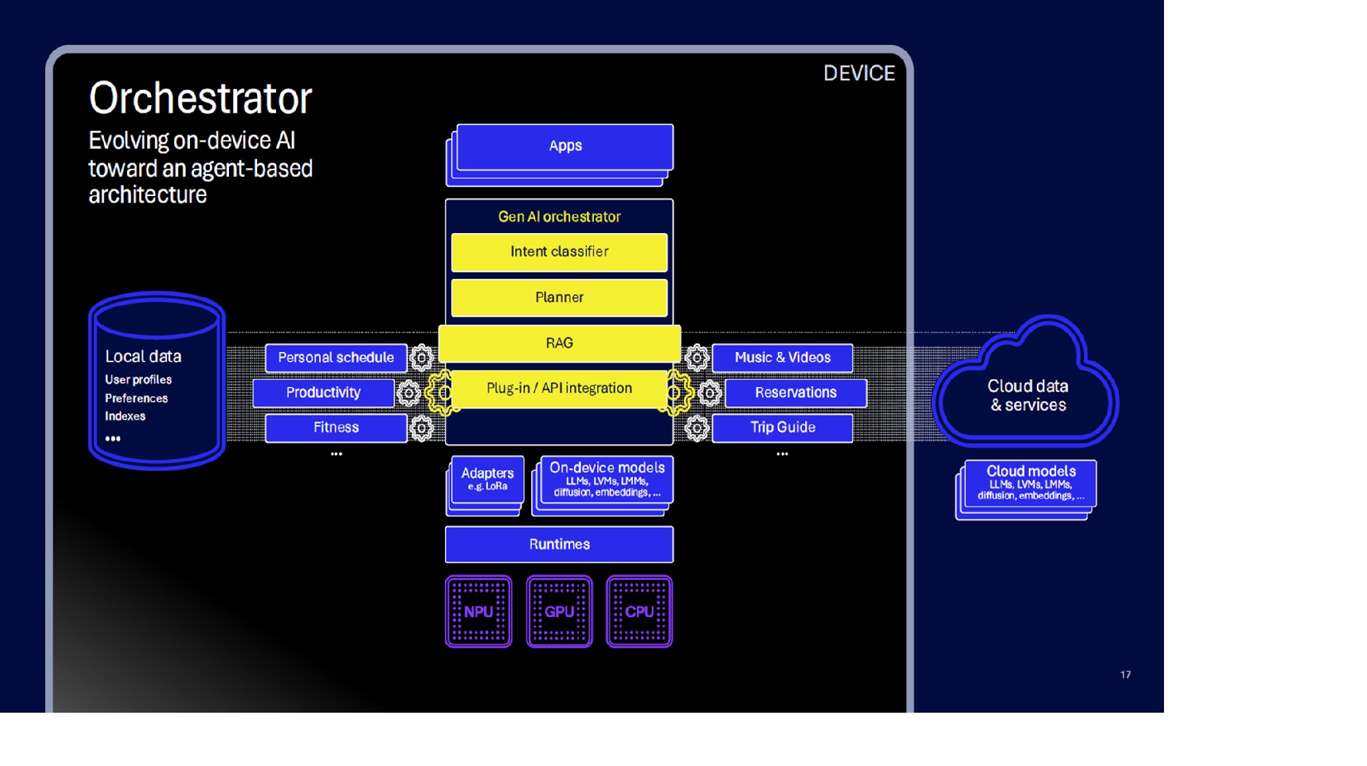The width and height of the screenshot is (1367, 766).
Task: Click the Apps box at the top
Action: pos(565,146)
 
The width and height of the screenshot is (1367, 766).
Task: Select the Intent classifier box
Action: pos(559,252)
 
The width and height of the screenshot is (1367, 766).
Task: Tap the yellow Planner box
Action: pos(559,298)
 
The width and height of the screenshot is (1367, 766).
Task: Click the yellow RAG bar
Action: pos(559,343)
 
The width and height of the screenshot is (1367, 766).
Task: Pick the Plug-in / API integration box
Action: pos(559,389)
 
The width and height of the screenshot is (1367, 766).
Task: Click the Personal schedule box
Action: pos(336,358)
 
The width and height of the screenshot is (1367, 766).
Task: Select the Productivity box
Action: pos(323,393)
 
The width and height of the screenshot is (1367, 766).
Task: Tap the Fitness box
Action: pos(336,428)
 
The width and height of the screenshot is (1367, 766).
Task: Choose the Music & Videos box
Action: pos(783,358)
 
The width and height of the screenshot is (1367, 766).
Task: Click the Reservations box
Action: pos(796,393)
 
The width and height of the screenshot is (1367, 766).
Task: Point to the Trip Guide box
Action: pos(783,428)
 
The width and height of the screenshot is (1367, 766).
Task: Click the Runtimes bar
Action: pos(559,545)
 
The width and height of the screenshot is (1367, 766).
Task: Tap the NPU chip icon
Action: pos(478,612)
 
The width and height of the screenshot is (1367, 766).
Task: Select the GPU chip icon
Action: pos(559,612)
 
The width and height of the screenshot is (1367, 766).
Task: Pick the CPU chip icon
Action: pos(639,612)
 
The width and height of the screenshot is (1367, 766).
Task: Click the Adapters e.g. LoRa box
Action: pos(487,479)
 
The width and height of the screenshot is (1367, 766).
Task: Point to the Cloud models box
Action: pos(1031,482)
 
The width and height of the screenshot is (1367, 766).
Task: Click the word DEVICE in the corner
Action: pos(859,74)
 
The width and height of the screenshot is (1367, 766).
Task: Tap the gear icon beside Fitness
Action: pos(422,428)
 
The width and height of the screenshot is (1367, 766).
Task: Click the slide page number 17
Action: pos(1125,675)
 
